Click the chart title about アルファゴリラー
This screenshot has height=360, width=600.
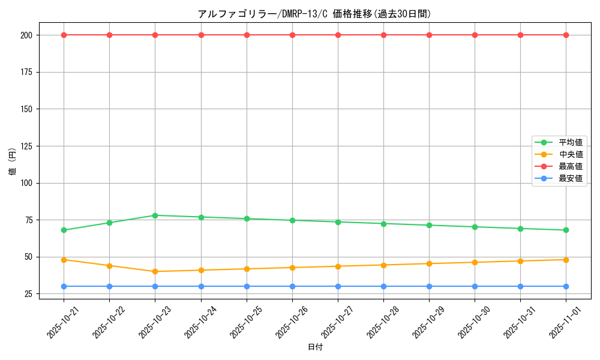coord(314,14)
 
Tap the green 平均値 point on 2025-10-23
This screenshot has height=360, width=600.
coord(155,215)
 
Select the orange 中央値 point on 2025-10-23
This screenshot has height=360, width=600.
coord(155,271)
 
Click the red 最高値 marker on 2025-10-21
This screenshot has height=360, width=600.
coord(64,35)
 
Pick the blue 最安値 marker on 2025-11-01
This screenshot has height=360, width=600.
coord(566,286)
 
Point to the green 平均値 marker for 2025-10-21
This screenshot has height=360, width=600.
coord(64,230)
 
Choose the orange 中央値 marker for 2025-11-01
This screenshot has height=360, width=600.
coord(566,260)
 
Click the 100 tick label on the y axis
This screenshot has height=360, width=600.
coord(28,183)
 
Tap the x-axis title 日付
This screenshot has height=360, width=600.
coord(315,347)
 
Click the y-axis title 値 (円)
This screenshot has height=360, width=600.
coord(12,162)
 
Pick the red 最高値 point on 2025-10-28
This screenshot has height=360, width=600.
coord(383,35)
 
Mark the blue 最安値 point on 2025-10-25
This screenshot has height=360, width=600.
coord(247,286)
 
